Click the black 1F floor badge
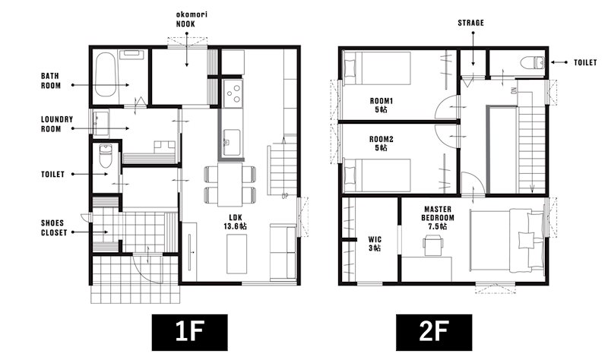coord(189,333)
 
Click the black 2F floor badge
coord(434,333)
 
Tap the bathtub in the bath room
coord(106,74)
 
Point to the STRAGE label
coord(470,24)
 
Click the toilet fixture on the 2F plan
coord(533,62)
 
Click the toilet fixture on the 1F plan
coord(106,156)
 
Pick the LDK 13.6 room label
coord(235,222)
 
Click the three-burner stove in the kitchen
coord(233,93)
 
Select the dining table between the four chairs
coord(230,185)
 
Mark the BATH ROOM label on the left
coord(51,80)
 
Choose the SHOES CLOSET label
coord(54,228)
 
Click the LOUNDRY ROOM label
coord(56,124)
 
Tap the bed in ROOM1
coord(377,68)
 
